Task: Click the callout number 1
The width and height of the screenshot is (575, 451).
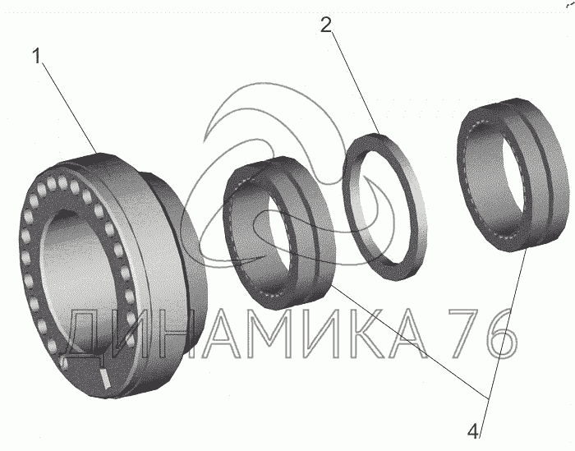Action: click(36, 57)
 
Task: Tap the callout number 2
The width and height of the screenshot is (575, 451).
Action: click(326, 25)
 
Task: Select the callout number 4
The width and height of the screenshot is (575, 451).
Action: click(473, 431)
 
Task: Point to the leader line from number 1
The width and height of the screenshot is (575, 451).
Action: click(69, 108)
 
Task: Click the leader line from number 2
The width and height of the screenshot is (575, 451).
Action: click(356, 84)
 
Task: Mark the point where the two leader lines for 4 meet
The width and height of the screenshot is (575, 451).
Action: click(488, 398)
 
